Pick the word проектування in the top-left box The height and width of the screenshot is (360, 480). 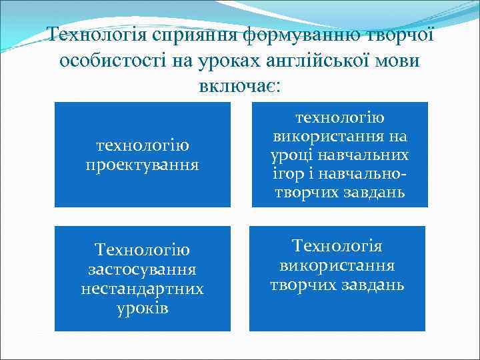[142, 164]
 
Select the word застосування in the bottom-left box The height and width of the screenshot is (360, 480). [142, 270]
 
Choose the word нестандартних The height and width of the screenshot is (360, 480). [142, 289]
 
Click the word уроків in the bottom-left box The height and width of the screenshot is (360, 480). [142, 309]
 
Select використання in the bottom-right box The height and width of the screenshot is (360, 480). [337, 265]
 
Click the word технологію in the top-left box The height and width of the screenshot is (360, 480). [142, 145]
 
